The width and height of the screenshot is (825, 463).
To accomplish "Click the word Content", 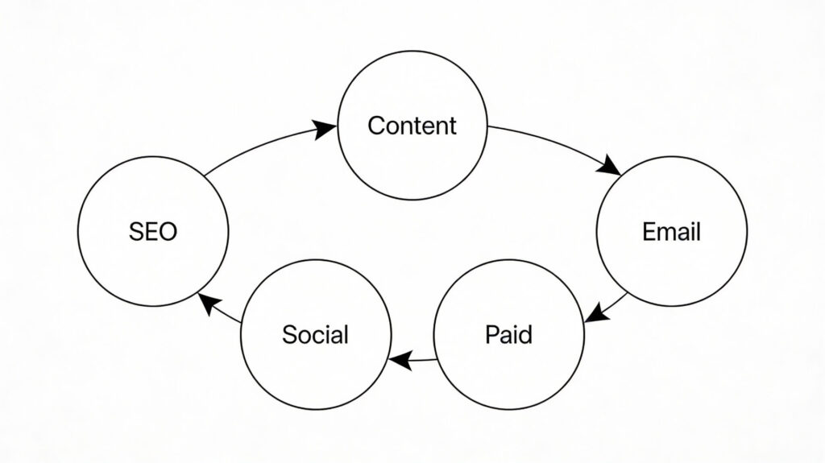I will pos(412,126).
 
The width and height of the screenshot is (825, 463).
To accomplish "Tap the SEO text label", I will pos(153,232).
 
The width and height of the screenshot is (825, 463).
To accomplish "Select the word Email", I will pos(671,232).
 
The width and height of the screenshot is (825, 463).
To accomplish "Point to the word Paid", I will pos(508,334).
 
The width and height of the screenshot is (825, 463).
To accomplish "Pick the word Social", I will pos(315,334).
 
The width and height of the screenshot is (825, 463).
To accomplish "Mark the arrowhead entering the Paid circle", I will pos(595,312).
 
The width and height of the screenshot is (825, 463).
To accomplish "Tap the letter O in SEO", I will pos(168,232).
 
